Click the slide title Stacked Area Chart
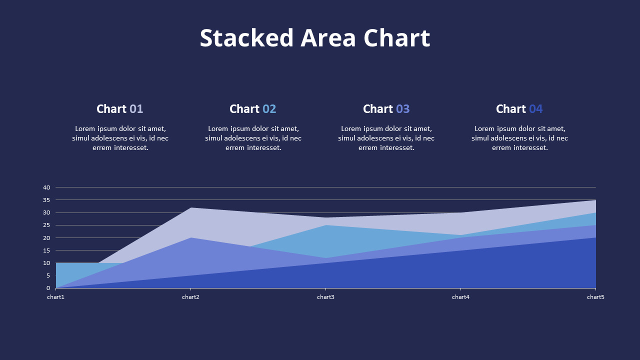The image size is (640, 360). (314, 38)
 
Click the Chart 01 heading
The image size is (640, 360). (119, 109)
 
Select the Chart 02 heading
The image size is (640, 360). (252, 109)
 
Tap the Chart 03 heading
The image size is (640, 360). (386, 109)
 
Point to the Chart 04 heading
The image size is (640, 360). (519, 109)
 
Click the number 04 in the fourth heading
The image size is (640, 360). (535, 109)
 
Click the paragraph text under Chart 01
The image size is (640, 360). (120, 138)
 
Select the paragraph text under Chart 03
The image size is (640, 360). (386, 138)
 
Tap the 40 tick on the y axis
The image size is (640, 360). (46, 187)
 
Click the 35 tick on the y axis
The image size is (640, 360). (46, 200)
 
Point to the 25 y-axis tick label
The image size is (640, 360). (46, 225)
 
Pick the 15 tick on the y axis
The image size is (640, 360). (46, 250)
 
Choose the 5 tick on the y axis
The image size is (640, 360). (48, 275)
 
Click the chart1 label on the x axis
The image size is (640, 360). (56, 297)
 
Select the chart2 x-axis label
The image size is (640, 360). (190, 297)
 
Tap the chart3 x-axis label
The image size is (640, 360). (325, 297)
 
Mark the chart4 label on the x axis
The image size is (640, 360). (460, 297)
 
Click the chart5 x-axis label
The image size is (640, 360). (595, 297)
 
